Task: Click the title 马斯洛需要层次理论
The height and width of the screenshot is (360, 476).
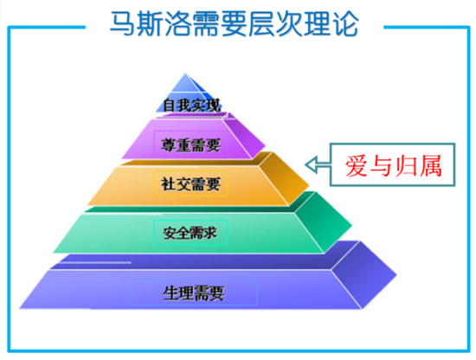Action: click(x=234, y=23)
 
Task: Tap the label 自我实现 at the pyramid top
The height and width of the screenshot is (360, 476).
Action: click(x=191, y=106)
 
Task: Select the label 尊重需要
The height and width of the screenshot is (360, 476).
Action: click(x=190, y=145)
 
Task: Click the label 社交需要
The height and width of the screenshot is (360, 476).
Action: click(x=190, y=183)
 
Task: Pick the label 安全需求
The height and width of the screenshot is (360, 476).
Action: click(x=190, y=233)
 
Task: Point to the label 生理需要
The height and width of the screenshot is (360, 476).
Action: click(x=194, y=292)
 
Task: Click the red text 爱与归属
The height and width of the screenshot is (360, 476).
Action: click(x=393, y=165)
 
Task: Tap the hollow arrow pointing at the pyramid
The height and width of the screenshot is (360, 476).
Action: click(x=318, y=165)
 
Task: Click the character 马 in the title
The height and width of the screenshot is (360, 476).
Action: click(x=122, y=23)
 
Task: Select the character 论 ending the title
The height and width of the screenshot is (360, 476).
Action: click(x=346, y=23)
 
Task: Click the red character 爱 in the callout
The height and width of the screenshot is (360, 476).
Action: click(x=357, y=165)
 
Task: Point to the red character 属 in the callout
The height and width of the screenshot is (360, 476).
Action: click(x=430, y=166)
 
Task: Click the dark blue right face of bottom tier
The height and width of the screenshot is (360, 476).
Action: click(x=363, y=274)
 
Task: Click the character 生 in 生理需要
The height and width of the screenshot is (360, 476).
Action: click(x=170, y=292)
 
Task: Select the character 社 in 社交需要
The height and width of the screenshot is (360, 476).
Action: click(x=168, y=183)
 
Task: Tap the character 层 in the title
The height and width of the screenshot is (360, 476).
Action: click(x=261, y=23)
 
